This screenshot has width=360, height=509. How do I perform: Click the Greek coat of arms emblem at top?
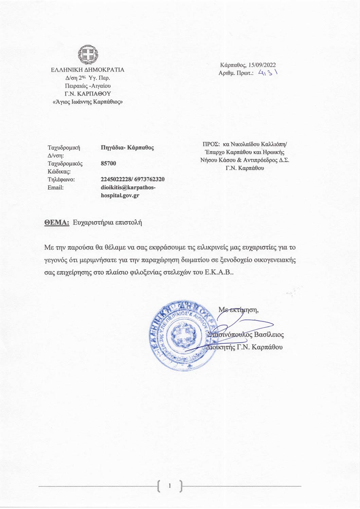[x=88, y=55]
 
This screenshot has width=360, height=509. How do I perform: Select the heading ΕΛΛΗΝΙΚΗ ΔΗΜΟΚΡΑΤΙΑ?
[x=88, y=70]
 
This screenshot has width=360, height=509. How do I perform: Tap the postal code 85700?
[x=108, y=164]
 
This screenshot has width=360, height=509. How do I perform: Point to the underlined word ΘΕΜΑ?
[x=57, y=223]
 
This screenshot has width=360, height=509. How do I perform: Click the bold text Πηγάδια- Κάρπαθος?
[x=127, y=148]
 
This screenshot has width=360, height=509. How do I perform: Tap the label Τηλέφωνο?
[x=61, y=180]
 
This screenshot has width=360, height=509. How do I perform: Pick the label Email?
[x=56, y=188]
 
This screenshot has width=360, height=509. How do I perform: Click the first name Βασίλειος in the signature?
[x=269, y=335]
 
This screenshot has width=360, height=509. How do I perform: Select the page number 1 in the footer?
[x=170, y=486]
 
